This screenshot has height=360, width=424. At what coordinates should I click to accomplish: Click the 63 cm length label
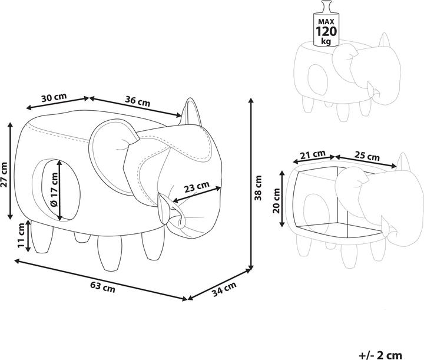coord(102,288)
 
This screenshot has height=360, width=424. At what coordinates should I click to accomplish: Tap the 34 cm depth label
coord(224,289)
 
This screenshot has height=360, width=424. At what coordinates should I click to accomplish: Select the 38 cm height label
coord(259,188)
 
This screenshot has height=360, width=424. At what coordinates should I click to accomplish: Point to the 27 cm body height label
coord(4,174)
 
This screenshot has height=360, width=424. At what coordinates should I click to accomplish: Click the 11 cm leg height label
coord(21,235)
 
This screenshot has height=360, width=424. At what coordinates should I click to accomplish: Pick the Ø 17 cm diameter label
coord(54,190)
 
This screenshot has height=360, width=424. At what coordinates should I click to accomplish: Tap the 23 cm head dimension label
coord(197,187)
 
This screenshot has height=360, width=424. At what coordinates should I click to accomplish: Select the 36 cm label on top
coord(137,101)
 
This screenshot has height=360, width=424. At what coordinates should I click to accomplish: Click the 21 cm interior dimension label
coord(313,154)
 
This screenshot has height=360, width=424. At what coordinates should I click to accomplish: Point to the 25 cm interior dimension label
coord(367,156)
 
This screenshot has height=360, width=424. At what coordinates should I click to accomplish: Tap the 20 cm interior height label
coord(276,200)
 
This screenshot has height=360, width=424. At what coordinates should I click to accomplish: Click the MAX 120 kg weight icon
coord(326,24)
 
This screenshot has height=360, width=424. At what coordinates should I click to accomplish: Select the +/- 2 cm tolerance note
coord(381,355)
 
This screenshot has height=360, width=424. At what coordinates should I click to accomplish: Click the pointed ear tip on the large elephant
coord(190,99)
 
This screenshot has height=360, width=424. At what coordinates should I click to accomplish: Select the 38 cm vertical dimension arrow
coord(251,184)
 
